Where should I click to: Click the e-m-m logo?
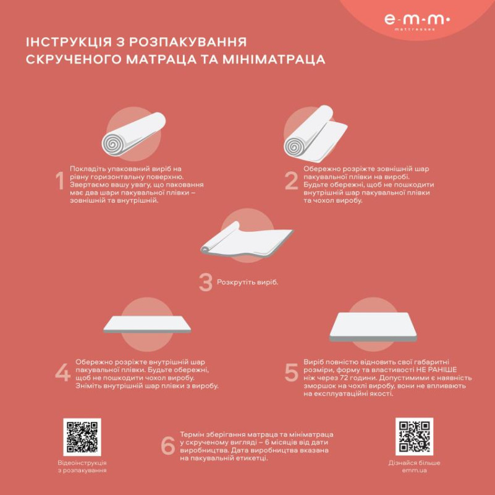tap(417, 21)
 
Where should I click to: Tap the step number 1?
tap(60, 182)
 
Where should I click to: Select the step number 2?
tap(292, 182)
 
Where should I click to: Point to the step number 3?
tap(205, 282)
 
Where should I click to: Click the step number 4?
tap(62, 373)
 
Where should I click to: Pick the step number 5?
tap(292, 373)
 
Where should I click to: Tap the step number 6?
tap(167, 446)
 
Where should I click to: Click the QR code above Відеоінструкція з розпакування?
tap(82, 437)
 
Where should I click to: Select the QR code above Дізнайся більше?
tap(414, 437)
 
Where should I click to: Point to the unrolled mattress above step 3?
tap(247, 242)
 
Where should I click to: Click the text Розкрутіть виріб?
tap(247, 282)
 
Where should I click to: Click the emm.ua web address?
tap(414, 471)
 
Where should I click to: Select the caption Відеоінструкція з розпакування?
tap(82, 467)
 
